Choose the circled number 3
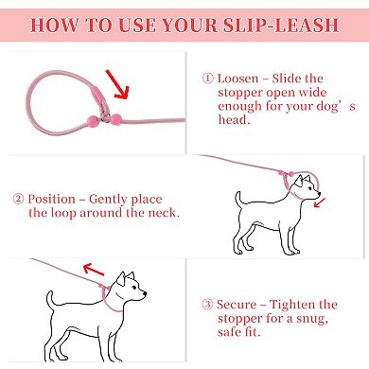coord(208,304)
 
